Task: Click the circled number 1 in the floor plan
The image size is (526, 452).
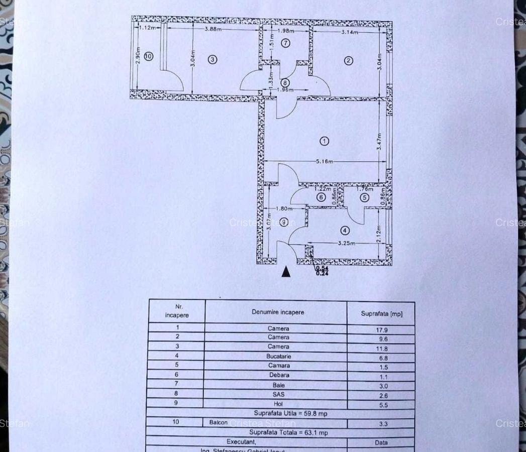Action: click(x=324, y=141)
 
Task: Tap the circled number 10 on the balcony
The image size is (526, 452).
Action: click(x=148, y=56)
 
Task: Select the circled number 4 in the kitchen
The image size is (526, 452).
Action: click(x=345, y=231)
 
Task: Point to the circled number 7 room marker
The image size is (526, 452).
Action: click(x=285, y=43)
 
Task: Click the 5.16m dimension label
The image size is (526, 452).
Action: click(x=325, y=162)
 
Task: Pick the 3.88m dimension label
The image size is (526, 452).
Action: click(x=213, y=29)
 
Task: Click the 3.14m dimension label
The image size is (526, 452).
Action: click(x=350, y=32)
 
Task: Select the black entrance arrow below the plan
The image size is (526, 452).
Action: click(x=286, y=272)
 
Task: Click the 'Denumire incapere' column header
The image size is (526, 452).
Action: click(x=278, y=312)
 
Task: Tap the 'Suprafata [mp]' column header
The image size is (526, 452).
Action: click(x=381, y=314)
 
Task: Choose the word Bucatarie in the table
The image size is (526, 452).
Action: click(x=279, y=356)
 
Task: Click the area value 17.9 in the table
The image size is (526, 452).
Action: click(x=382, y=330)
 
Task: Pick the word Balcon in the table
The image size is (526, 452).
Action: click(x=219, y=422)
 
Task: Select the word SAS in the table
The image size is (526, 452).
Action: click(x=279, y=394)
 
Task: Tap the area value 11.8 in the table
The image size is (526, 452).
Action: click(x=383, y=349)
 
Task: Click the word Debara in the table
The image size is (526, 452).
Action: click(x=279, y=375)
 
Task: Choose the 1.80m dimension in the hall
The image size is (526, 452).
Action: click(x=284, y=208)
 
